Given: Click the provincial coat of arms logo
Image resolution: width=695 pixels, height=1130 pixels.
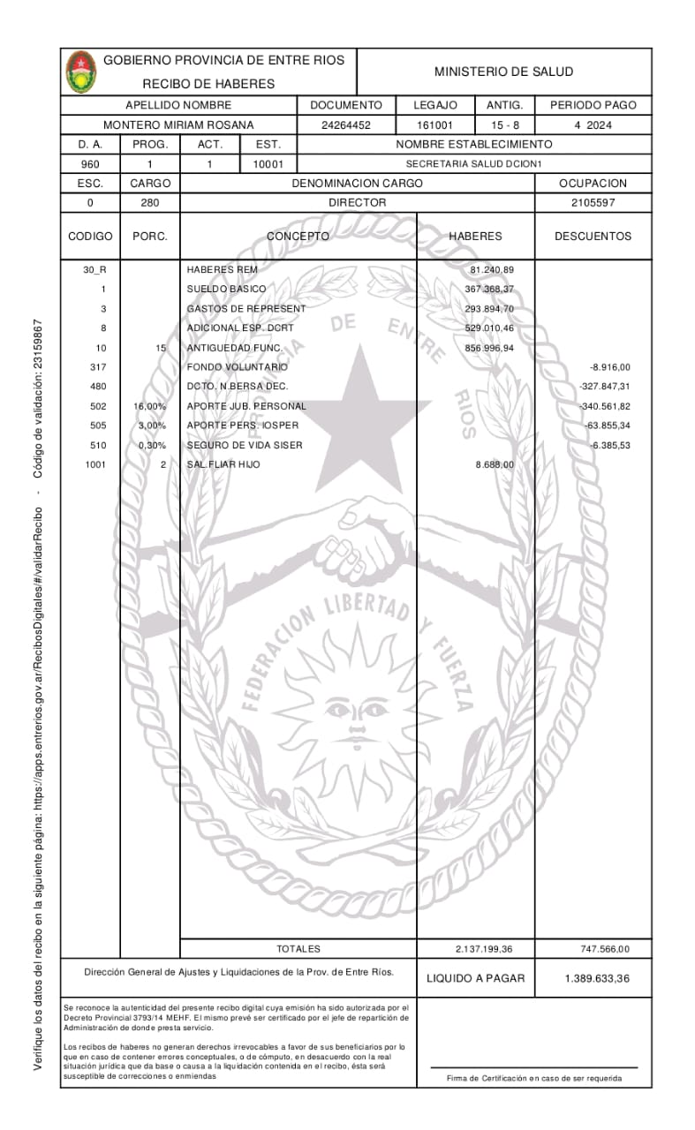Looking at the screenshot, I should tap(81, 72).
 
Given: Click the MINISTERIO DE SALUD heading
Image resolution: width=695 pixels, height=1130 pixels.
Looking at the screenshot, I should tap(503, 72).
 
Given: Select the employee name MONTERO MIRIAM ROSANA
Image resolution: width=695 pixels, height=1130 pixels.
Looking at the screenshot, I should tap(178, 125).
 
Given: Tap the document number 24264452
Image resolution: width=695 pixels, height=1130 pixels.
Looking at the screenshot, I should tap(346, 125).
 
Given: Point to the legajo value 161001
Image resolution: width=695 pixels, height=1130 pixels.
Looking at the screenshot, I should tap(435, 125).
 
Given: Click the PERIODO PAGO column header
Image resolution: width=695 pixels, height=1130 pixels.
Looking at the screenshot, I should tap(593, 105).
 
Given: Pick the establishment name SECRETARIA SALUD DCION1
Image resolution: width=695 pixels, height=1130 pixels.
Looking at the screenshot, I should tap(472, 164).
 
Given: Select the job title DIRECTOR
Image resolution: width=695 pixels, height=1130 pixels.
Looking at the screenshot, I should tap(357, 202).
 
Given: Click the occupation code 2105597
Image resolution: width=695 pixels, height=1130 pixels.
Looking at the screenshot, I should tap(593, 202).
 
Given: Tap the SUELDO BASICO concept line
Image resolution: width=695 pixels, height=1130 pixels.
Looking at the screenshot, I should tap(226, 289).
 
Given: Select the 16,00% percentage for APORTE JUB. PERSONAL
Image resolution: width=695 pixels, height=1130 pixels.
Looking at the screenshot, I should tap(149, 406).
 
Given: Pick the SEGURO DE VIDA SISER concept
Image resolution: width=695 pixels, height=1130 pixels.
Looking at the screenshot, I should tap(245, 445).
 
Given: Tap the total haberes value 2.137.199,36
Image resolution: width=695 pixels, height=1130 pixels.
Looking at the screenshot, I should tap(483, 949).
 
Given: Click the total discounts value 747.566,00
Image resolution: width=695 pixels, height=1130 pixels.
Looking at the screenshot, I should tap(604, 949).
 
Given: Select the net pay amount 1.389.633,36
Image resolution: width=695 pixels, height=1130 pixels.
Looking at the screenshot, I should tap(596, 978).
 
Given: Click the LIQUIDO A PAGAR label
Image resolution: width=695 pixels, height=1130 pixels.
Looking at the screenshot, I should tap(475, 978).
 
